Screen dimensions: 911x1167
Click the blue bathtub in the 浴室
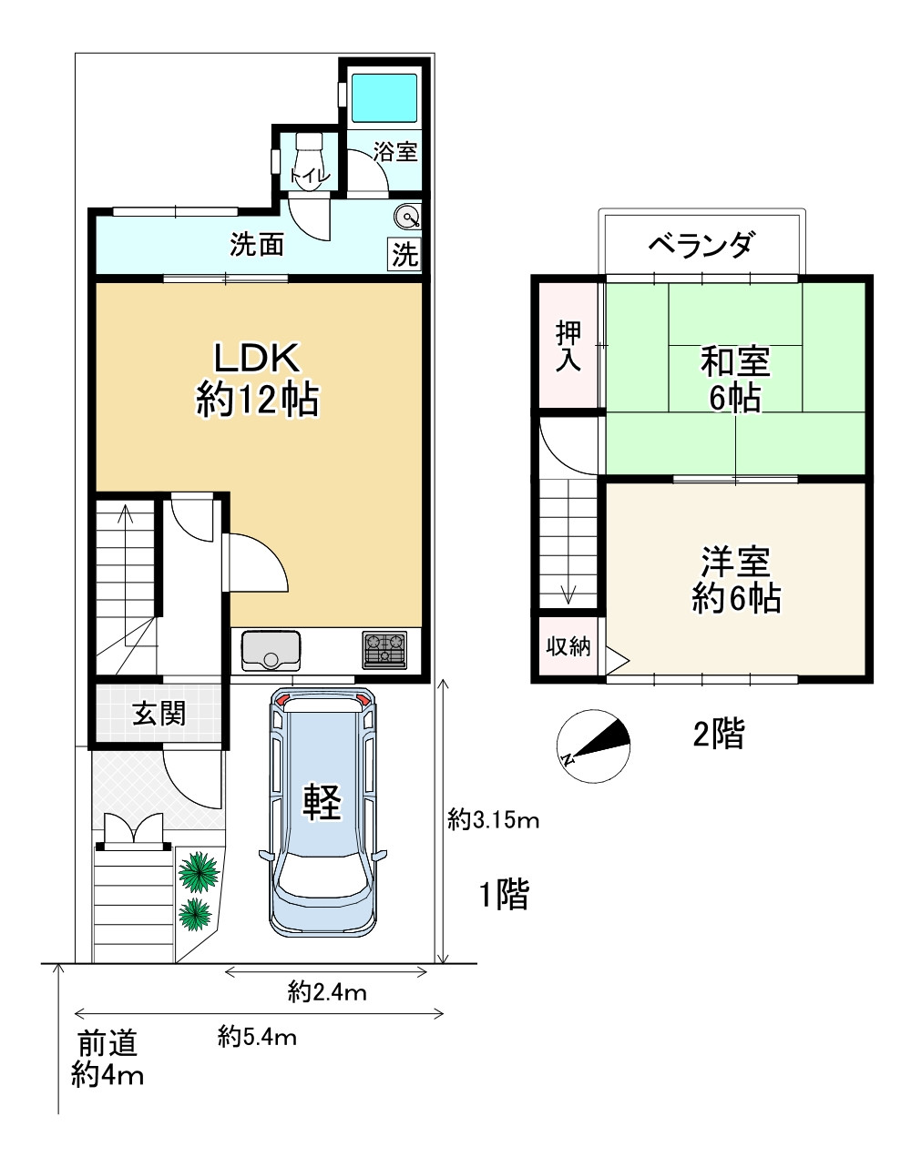click(x=384, y=97)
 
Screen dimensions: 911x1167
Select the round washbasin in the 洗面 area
click(x=407, y=217)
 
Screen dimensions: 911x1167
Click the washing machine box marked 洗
click(x=404, y=254)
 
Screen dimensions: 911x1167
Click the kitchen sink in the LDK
click(x=271, y=650)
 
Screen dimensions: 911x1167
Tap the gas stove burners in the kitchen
click(x=384, y=650)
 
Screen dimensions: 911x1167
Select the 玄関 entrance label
click(x=159, y=715)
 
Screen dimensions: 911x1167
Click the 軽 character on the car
click(x=322, y=801)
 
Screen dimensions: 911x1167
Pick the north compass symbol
click(x=593, y=746)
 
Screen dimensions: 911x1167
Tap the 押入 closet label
click(x=568, y=346)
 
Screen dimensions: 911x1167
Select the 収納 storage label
click(x=568, y=646)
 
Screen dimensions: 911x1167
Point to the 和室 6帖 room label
click(x=734, y=380)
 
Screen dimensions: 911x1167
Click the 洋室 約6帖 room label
click(x=735, y=580)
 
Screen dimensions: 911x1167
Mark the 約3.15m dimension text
click(x=494, y=820)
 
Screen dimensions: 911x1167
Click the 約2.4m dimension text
click(x=327, y=992)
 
